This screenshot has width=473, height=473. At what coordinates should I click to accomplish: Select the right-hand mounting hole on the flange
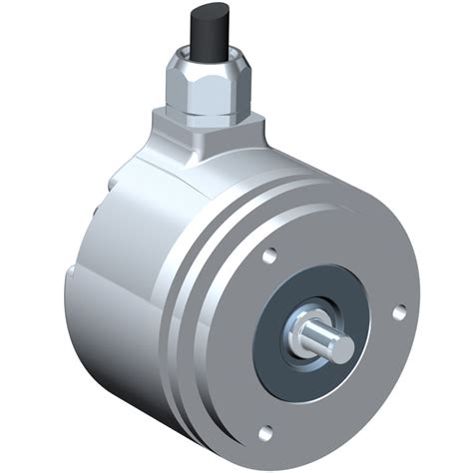tap(399, 312)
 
